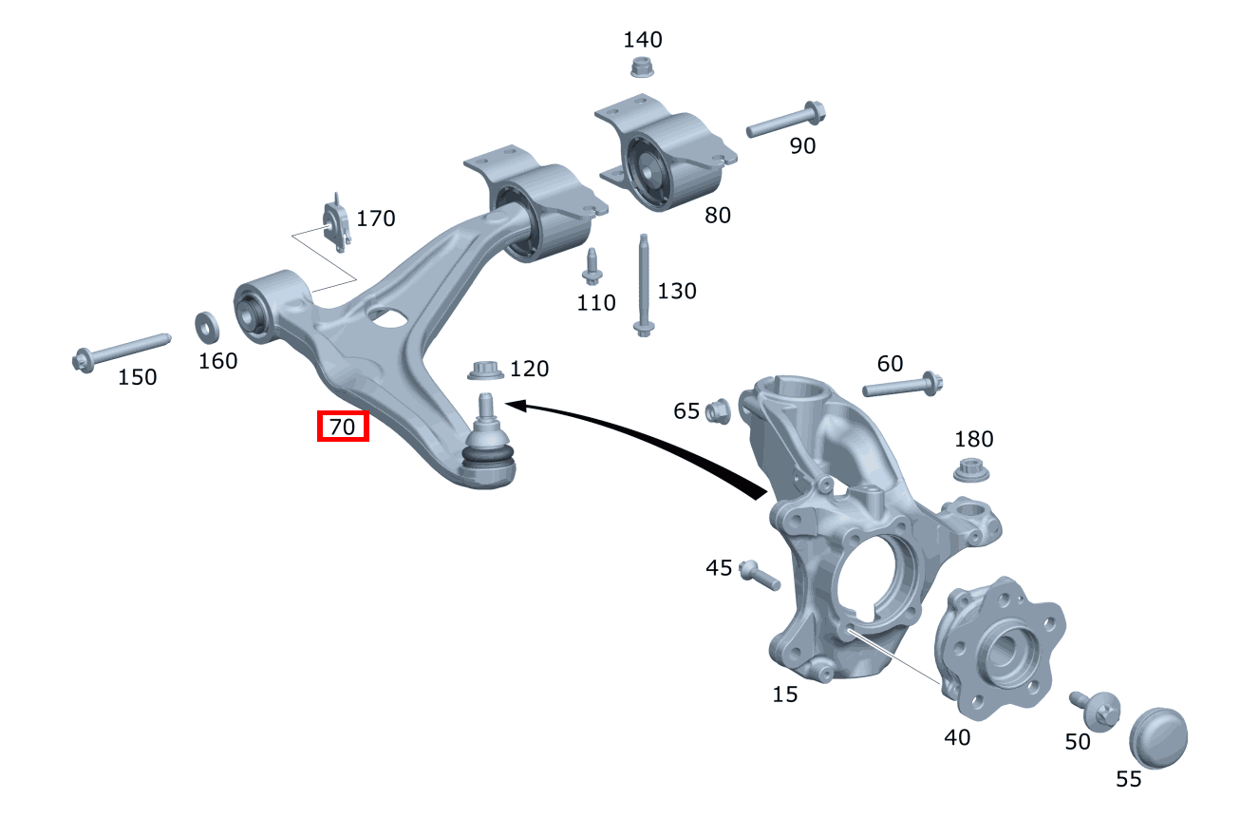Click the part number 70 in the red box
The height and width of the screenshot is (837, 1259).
pos(342,428)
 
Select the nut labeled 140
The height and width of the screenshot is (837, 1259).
pos(643,67)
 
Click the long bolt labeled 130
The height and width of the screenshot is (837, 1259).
pos(644,284)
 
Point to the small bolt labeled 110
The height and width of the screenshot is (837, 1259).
pos(592,266)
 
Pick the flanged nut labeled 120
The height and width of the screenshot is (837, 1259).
pos(484,369)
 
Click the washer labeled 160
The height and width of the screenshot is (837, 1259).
pos(207,327)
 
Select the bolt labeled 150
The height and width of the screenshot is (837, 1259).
pos(120,349)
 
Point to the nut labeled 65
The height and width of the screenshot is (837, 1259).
pos(718,410)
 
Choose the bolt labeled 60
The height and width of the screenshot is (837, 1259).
pos(902,386)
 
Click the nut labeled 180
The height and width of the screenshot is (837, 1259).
pos(968,469)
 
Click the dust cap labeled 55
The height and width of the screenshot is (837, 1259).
pos(1158,735)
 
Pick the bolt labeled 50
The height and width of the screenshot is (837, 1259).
pos(1096,709)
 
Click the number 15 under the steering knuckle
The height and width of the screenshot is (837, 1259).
pos(785,694)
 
